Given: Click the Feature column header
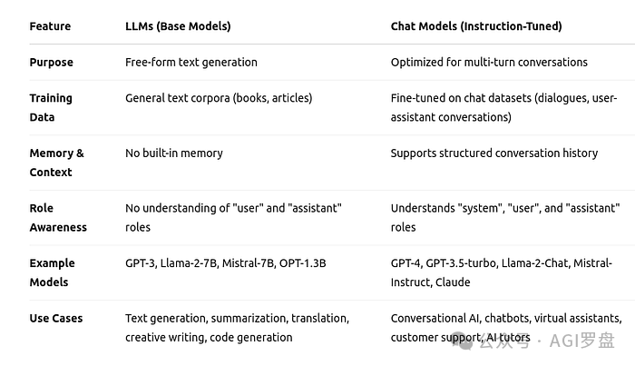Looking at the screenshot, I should coord(50,26).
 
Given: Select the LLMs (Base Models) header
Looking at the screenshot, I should coord(178,26).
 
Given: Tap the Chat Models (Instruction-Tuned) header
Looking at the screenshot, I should coord(475,26).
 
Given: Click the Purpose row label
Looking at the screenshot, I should coord(51,63).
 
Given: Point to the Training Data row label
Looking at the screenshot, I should coord(51,107).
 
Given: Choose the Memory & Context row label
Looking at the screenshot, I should coord(55,163).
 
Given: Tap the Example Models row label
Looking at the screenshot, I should coord(52,272).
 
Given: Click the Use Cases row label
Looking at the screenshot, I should coord(55,319).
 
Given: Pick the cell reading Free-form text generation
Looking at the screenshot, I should coord(190,63).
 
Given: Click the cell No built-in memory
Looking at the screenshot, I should coord(173,153).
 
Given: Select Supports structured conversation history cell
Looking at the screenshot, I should coord(493,153).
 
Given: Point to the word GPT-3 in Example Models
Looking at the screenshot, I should coord(141,263).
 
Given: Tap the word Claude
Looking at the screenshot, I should coord(453,282).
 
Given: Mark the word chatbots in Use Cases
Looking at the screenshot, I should coord(510,319).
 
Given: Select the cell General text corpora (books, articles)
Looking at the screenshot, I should coord(218,98).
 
